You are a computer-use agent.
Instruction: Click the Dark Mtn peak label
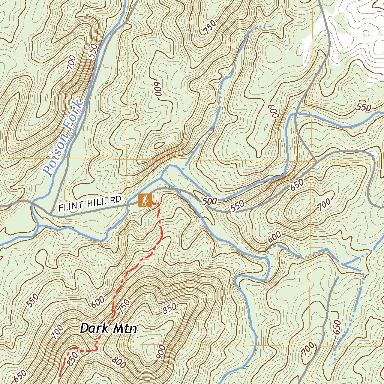(x=108, y=328)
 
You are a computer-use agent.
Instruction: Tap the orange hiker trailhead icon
(x=144, y=201)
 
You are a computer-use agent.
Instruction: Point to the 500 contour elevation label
(x=209, y=201)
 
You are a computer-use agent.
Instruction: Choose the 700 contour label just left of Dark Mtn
(x=57, y=332)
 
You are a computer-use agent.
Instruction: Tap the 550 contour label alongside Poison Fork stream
(x=93, y=51)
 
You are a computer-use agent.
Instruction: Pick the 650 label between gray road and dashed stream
(x=337, y=327)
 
